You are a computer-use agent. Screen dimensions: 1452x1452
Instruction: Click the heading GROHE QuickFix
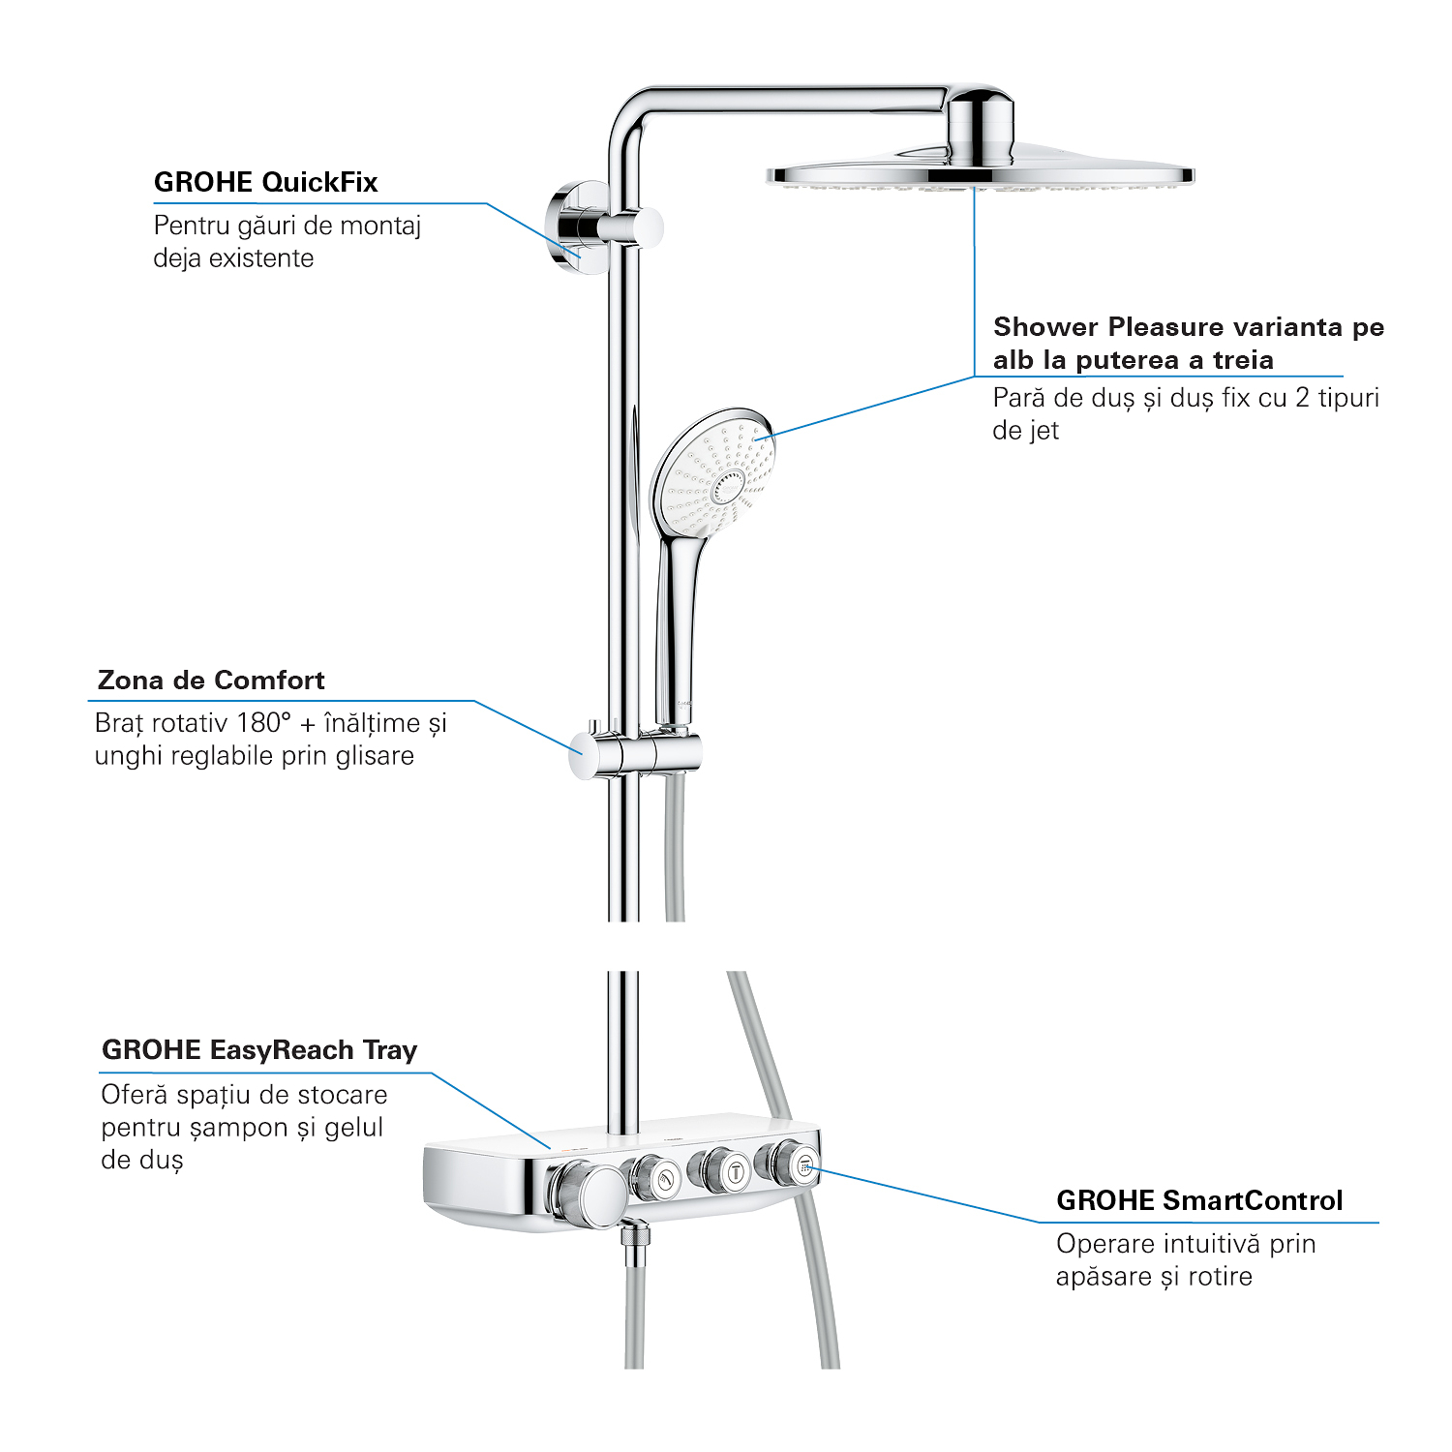pos(265,182)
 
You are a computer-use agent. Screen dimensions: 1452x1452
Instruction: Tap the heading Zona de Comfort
pos(211,680)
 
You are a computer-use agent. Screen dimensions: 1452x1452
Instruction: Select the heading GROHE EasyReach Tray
pos(259,1050)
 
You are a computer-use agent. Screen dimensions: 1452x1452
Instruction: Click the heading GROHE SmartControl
pos(1199,1200)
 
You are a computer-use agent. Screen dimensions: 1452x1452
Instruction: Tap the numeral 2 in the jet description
pos(1302,398)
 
